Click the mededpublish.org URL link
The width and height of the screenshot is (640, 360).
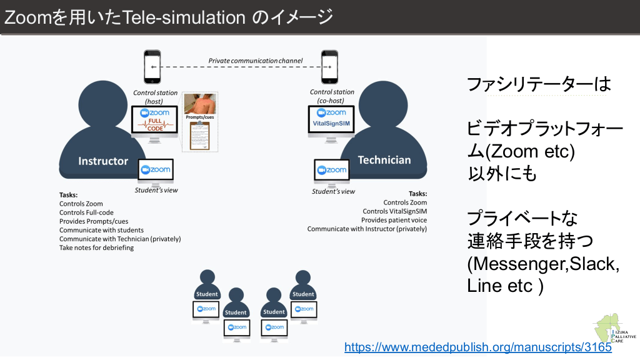point(477,347)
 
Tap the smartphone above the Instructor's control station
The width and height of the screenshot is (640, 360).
point(152,66)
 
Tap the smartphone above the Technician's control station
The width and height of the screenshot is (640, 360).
point(329,66)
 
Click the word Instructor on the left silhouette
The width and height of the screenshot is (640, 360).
point(103,161)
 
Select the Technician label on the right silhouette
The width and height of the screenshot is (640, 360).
point(384,160)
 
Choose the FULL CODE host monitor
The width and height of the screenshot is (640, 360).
point(155,120)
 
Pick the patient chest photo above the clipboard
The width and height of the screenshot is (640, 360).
point(201,103)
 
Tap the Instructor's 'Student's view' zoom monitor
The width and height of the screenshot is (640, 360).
point(156,170)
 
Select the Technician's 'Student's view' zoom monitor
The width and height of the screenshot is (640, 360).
point(331,170)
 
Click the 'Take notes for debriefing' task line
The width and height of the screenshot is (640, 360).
point(96,247)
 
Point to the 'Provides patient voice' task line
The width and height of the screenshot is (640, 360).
point(394,220)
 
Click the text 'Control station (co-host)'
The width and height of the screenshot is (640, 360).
point(332,96)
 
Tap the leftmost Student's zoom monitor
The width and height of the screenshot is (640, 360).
point(206,309)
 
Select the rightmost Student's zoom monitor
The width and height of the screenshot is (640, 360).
point(303,309)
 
